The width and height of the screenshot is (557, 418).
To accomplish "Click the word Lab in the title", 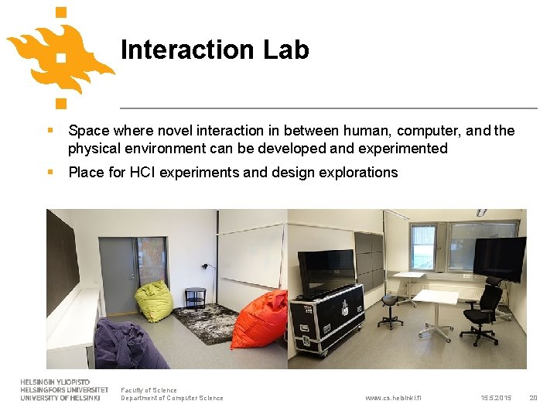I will [285, 50].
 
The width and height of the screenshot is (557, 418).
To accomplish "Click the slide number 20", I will [532, 398].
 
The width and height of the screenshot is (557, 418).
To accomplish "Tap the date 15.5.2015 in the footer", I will [495, 398].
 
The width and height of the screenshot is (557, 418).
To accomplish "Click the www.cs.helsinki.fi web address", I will [393, 398].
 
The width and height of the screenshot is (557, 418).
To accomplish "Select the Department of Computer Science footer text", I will [172, 398].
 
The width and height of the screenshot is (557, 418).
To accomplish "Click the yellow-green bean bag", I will [154, 301].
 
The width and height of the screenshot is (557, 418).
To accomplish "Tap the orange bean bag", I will [261, 320].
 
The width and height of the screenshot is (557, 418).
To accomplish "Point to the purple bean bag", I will [128, 346].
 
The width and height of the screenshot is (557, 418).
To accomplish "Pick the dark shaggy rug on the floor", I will [205, 323].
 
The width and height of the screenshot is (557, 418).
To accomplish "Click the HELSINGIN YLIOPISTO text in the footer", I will [55, 382].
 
